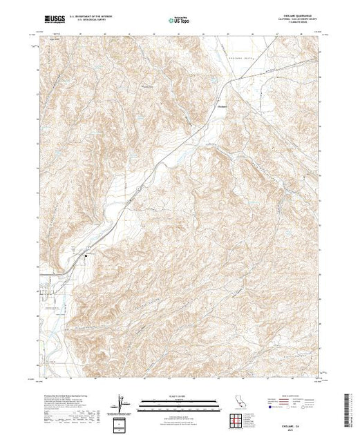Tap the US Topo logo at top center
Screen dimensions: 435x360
179,20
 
